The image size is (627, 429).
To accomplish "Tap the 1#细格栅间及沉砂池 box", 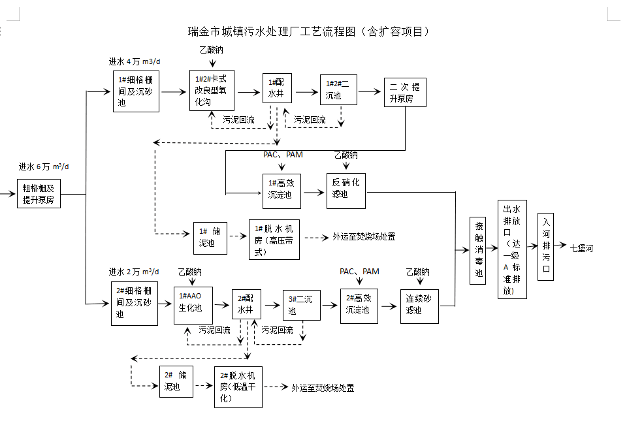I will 135,91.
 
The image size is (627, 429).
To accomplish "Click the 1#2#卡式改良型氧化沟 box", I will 212,89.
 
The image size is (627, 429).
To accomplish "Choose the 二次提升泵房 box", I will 405,93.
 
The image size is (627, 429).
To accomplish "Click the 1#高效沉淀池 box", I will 281,190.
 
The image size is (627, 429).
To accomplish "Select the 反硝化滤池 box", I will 346,189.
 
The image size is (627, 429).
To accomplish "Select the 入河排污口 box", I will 546,247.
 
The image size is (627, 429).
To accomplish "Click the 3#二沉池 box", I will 302,306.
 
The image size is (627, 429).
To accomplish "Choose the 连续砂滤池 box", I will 418,305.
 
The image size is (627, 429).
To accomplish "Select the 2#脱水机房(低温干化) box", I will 238,387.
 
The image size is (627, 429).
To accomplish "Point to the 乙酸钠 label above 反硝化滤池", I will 346,155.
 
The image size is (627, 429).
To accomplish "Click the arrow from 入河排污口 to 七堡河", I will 562,247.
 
